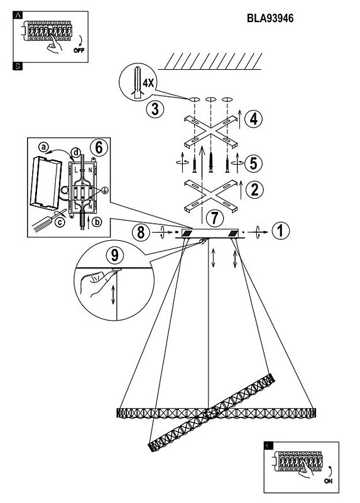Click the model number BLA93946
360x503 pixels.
click(270, 18)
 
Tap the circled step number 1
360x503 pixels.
click(280, 231)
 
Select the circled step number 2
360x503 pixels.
click(254, 190)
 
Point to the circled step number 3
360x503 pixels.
click(155, 109)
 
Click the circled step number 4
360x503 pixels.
click(253, 119)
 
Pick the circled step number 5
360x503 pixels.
click(253, 163)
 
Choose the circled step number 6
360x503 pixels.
click(99, 148)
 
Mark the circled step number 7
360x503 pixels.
click(214, 218)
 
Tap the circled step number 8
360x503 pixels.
click(141, 231)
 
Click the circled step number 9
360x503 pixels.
click(114, 255)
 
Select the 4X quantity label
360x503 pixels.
click(148, 84)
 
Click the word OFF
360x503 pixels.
click(79, 50)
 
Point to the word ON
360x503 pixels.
click(328, 481)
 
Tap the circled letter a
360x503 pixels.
click(43, 147)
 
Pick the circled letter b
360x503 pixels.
click(97, 222)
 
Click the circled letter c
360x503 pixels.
click(60, 222)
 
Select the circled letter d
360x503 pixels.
click(75, 152)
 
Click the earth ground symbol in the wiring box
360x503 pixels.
click(104, 191)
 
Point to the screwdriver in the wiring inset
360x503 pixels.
click(49, 221)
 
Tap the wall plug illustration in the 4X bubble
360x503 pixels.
click(137, 82)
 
